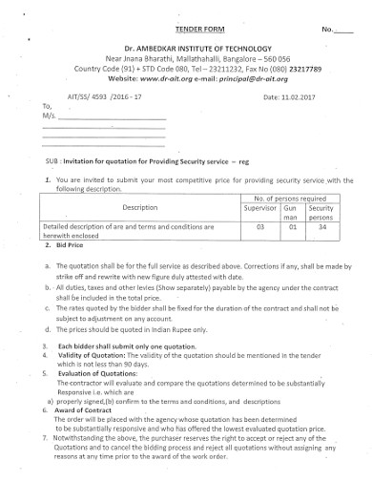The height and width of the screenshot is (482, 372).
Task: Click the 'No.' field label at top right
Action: pos(327,31)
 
